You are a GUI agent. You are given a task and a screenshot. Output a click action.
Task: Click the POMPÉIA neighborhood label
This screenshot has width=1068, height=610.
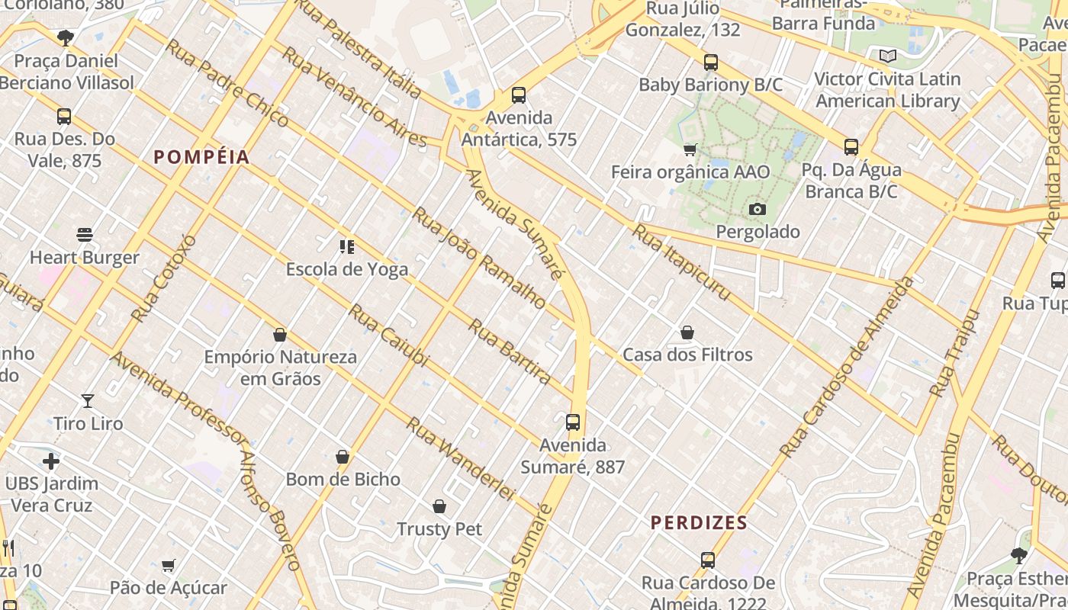tap(201, 157)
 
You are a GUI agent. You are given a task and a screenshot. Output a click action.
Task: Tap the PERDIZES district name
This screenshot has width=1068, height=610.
tap(698, 523)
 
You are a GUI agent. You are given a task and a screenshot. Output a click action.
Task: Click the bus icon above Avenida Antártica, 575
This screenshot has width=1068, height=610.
tap(519, 95)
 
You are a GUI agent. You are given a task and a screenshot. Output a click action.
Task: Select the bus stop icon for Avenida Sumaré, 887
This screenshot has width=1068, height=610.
tap(573, 422)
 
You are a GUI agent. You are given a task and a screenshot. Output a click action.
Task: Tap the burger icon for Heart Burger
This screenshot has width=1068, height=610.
tap(85, 235)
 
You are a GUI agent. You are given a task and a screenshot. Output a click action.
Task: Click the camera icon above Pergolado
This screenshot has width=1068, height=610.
tap(758, 209)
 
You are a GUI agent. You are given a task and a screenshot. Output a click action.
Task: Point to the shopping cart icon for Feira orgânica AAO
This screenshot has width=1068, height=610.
tap(690, 149)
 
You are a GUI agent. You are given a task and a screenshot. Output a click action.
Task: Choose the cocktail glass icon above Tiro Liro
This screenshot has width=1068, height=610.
tap(88, 400)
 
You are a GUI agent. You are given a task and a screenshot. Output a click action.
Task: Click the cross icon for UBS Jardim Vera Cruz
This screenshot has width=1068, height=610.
tap(51, 461)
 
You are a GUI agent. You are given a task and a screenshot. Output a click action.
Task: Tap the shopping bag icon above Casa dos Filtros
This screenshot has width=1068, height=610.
tap(687, 332)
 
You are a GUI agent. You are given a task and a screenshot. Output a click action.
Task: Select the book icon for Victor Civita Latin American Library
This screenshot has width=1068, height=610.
tap(887, 56)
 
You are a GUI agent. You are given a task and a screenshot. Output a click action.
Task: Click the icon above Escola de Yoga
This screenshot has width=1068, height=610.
tap(347, 246)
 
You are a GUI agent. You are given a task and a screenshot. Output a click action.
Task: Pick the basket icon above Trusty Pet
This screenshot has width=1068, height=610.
tap(439, 506)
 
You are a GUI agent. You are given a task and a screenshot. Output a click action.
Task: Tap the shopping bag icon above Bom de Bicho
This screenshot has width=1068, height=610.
tap(343, 457)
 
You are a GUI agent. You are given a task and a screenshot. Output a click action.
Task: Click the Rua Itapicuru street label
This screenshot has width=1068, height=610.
tap(682, 263)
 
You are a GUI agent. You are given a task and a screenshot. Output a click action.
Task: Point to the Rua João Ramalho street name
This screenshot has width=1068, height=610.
tap(479, 258)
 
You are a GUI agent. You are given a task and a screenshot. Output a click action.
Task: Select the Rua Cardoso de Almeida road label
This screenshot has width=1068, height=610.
tap(847, 368)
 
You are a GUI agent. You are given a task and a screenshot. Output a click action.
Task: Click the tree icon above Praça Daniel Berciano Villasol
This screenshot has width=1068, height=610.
tap(66, 37)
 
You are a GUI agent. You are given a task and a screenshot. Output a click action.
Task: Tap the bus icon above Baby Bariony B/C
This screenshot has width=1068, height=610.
tap(711, 63)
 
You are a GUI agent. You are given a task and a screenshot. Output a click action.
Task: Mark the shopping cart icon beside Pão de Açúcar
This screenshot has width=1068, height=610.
tap(169, 565)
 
